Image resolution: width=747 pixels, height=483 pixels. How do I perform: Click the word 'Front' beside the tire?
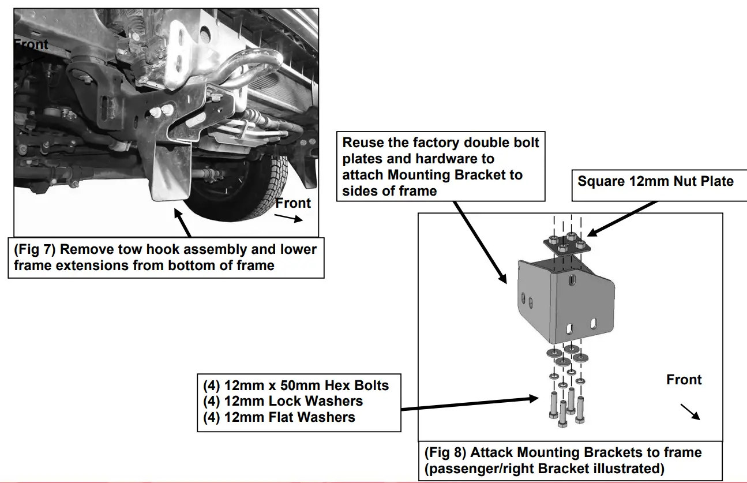point(293,203)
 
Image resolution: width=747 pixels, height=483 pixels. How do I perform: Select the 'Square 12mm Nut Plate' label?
point(655,182)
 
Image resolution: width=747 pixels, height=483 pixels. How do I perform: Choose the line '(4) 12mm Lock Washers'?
point(283,401)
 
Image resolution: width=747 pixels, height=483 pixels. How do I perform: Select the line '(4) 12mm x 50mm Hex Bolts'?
point(296,385)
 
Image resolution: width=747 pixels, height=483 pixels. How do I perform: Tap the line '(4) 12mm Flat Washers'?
point(279,417)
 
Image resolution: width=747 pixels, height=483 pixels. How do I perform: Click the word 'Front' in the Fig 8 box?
point(684,380)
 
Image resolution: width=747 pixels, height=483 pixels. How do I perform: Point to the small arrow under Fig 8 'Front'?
point(690,411)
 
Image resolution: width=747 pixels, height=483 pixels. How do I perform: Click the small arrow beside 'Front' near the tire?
point(288,218)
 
